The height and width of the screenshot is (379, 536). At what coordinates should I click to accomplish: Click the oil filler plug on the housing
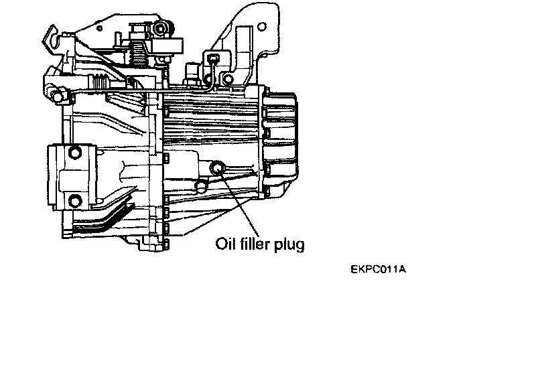coord(217,168)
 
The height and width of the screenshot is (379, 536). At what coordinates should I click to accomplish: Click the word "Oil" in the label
coord(224,244)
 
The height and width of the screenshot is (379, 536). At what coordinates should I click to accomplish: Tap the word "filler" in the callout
coord(253,244)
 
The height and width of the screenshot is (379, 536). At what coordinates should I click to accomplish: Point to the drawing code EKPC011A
coord(378,270)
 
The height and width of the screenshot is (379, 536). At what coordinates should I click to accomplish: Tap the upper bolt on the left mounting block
coord(75,152)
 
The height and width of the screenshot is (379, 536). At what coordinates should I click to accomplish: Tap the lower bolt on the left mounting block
coord(74,199)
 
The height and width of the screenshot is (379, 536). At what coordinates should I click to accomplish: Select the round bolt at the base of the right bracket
coord(228,80)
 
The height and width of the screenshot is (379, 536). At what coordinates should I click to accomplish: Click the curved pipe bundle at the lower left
coord(100,221)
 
